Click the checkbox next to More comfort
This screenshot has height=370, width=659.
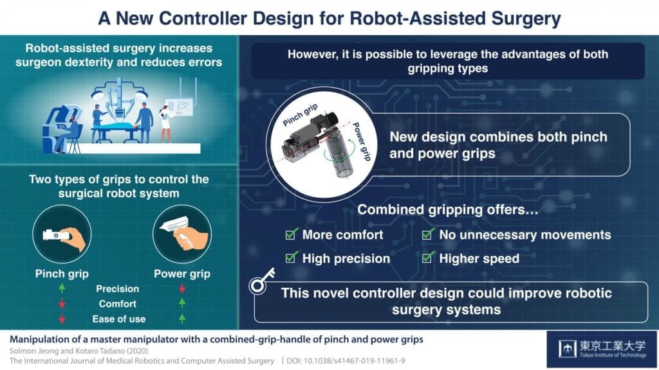[291, 235]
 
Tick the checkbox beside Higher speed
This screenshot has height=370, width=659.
[429, 259]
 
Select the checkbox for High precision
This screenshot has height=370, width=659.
[291, 259]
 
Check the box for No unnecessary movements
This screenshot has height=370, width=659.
[429, 235]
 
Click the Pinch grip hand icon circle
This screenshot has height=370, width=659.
[60, 233]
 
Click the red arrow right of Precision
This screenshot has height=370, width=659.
[181, 289]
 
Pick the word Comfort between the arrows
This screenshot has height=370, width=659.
[117, 304]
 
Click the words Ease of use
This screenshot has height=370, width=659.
[120, 319]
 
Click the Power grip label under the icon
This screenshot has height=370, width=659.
[182, 274]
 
